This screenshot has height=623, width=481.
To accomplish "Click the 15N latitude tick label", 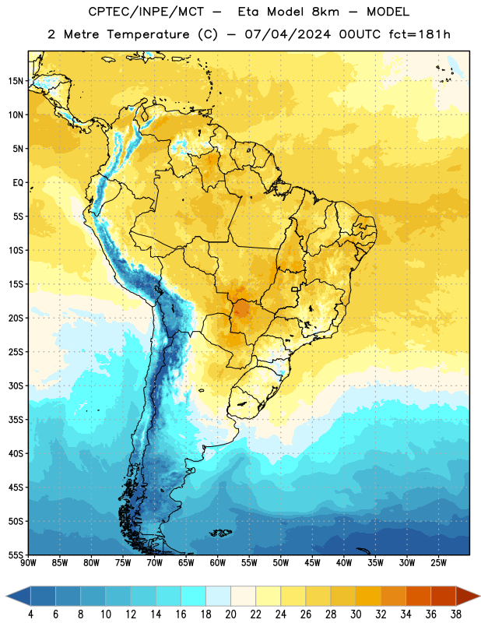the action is coord(16,81).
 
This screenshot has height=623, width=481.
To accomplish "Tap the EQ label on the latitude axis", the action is coord(18,183).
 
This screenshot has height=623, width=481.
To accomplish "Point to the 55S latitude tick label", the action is coord(16,554).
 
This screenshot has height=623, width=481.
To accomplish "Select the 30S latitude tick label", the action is coord(16,385).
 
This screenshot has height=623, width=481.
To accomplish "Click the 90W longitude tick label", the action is coord(28,563).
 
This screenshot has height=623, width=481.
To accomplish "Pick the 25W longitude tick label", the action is coord(438,563).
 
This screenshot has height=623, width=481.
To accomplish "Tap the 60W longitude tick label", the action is coord(218,563).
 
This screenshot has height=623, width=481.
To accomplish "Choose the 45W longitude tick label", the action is coord(313,563).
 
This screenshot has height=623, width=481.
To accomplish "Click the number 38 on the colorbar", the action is coord(456,614).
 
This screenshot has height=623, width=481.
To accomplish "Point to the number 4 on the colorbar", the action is coord(30,614).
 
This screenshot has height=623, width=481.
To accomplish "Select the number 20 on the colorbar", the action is coord(230,614).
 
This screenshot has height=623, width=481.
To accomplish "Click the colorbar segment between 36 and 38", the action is coord(444,597).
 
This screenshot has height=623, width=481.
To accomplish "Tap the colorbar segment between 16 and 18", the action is coord(194,597).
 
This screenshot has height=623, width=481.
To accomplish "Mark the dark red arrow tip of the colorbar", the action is coord(479,597).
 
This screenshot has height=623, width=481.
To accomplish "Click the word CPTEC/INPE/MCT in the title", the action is coord(146,12).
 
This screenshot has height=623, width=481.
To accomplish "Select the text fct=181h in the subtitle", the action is coord(420,34).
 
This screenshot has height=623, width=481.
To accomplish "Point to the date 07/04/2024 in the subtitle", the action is coord(287,34).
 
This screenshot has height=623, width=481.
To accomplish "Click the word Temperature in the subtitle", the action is coord(148,35).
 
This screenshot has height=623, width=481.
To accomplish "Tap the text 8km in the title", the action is coord(325,12).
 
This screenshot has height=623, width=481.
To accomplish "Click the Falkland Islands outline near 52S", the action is coord(220,533).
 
